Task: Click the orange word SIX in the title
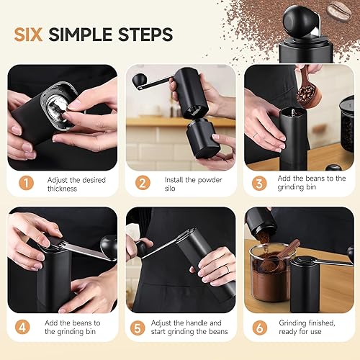click(x=28, y=35)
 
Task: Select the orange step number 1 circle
click(x=26, y=183)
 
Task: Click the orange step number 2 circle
click(x=143, y=183)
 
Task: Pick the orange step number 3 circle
click(x=259, y=184)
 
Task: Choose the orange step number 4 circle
click(x=22, y=327)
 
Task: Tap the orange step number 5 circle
click(x=138, y=328)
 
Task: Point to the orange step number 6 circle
click(x=260, y=328)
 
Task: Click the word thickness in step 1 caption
click(x=62, y=189)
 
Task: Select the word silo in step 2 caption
click(x=170, y=189)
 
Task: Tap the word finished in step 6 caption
click(x=321, y=323)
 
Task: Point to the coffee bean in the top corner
click(x=339, y=11)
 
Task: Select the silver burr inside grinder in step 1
click(x=58, y=107)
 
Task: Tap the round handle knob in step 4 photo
click(x=108, y=246)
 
